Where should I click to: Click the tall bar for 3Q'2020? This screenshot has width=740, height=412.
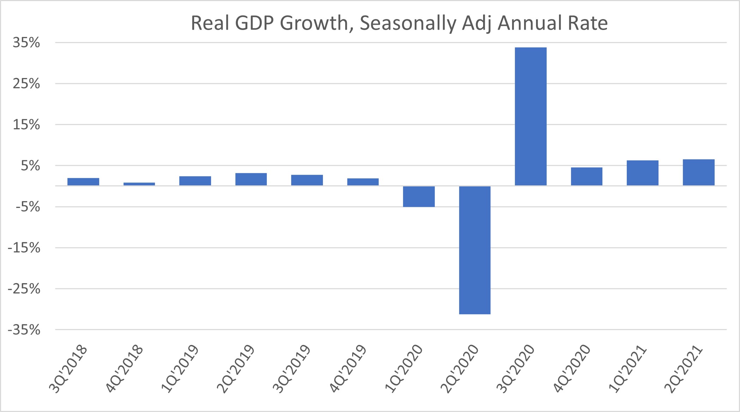click(x=530, y=117)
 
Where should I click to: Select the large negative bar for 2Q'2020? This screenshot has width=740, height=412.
click(x=475, y=250)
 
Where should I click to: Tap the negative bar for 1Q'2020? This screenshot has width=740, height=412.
click(x=419, y=196)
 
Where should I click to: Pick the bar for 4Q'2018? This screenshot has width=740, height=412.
click(x=139, y=184)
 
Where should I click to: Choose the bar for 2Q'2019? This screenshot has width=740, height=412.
click(x=251, y=179)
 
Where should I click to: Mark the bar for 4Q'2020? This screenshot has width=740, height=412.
click(x=586, y=177)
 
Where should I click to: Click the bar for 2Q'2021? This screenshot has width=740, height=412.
click(x=698, y=172)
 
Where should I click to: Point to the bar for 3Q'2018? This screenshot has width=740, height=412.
click(x=83, y=182)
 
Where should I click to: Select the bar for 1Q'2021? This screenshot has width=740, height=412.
click(x=642, y=173)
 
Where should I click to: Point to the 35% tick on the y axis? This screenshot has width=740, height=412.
click(x=26, y=43)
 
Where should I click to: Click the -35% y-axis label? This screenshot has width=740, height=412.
click(x=24, y=330)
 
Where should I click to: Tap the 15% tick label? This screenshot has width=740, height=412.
click(x=26, y=125)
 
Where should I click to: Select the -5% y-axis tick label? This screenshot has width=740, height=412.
click(x=28, y=207)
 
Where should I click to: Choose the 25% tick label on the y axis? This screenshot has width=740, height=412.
click(x=26, y=84)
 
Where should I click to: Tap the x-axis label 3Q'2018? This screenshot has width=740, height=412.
click(x=68, y=369)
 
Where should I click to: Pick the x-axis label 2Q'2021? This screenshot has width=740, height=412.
click(x=683, y=369)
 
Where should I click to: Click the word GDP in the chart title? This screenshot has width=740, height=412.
click(x=254, y=23)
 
